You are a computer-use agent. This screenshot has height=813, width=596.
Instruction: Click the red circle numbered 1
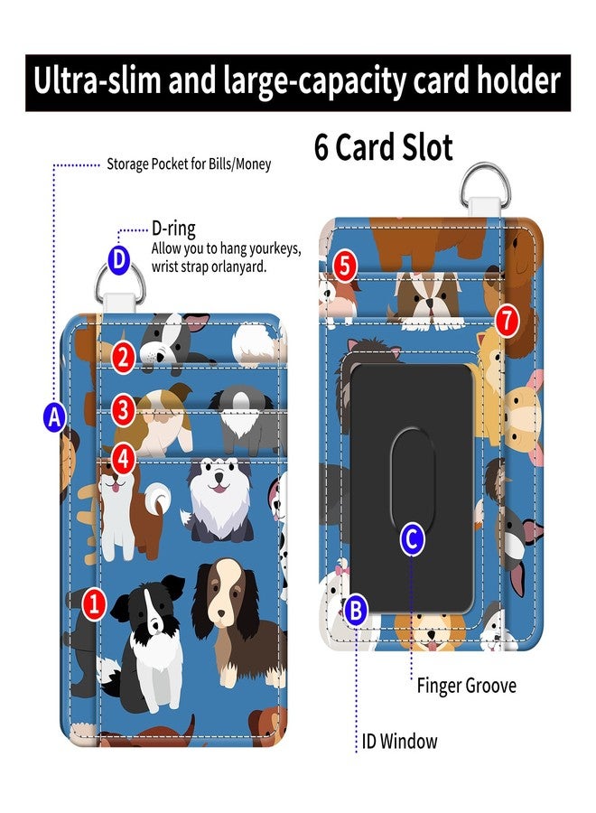[94, 603]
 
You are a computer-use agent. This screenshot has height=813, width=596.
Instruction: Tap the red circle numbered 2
[123, 358]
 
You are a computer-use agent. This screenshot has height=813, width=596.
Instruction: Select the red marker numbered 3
[123, 409]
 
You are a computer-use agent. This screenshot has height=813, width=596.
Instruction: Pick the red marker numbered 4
[123, 459]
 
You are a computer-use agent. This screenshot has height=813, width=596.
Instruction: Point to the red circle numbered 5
[346, 266]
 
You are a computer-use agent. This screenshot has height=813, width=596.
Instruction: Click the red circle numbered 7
[507, 321]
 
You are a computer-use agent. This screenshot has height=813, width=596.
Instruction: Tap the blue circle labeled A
[54, 416]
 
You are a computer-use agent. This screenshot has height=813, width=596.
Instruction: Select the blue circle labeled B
[356, 611]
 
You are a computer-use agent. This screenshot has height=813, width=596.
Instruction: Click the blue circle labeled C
[413, 538]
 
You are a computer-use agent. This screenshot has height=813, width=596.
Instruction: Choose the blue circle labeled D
[118, 259]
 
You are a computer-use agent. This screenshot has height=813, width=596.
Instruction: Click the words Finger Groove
[467, 686]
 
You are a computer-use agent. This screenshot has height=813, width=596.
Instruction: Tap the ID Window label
[399, 741]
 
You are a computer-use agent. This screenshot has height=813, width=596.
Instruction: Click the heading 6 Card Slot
[384, 146]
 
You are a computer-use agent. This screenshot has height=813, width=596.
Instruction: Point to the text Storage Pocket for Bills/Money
[189, 164]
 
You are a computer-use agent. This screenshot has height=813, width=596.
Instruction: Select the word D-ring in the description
[173, 229]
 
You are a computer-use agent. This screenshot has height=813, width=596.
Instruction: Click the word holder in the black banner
[517, 80]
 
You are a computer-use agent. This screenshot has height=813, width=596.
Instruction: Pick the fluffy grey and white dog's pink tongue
[219, 489]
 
